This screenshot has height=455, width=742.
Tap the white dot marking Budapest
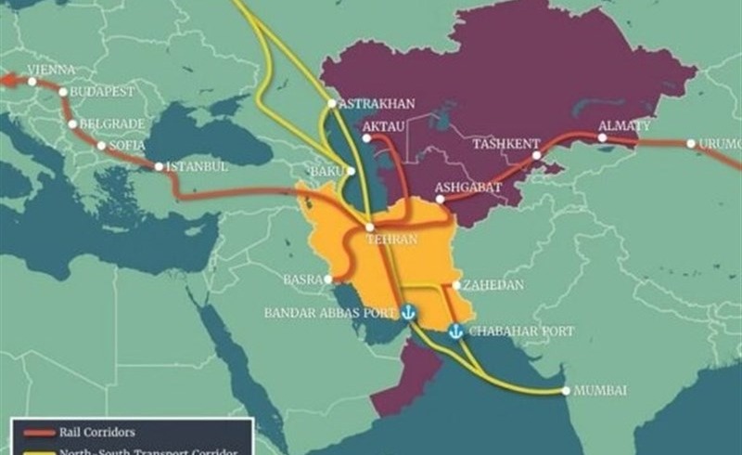(62, 92)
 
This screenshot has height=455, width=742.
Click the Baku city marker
(351, 171)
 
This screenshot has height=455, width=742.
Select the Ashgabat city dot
(441, 198)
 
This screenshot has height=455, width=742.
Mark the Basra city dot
(327, 278)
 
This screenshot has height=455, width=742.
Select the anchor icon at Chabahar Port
(455, 331)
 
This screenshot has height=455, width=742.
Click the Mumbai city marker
(565, 390)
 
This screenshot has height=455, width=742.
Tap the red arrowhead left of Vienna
(6, 80)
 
